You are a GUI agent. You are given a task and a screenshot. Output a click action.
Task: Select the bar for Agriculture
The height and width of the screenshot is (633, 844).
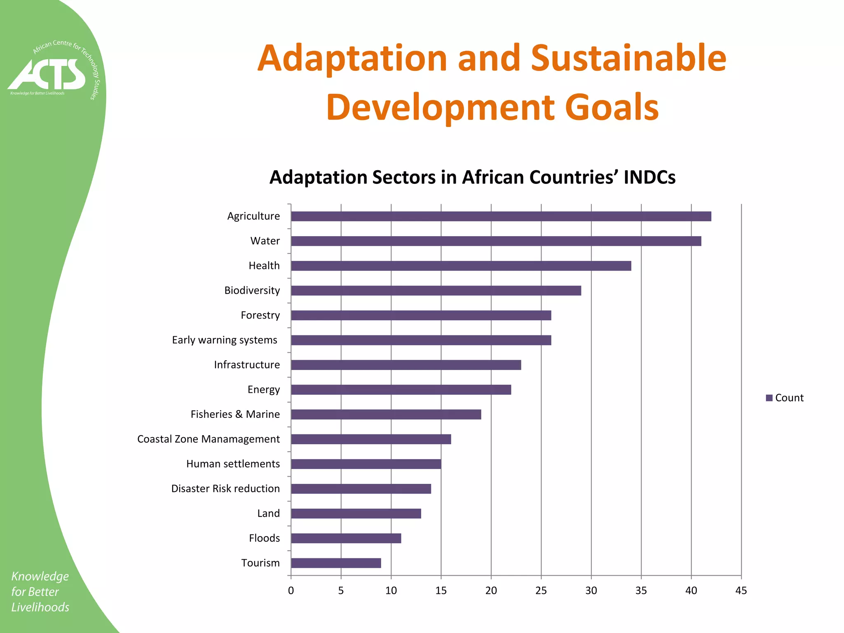pyautogui.click(x=501, y=216)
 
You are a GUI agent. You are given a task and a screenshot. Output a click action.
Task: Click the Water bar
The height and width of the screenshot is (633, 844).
pyautogui.click(x=496, y=241)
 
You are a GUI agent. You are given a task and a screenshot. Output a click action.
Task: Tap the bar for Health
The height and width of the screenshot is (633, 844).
pyautogui.click(x=461, y=266)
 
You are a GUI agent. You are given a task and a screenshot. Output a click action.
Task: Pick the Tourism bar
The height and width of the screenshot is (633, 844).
pyautogui.click(x=336, y=563)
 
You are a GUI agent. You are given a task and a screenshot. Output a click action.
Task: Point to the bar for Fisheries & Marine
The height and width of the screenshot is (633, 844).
pyautogui.click(x=386, y=415)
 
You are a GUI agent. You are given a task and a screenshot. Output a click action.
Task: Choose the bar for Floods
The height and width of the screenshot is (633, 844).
pyautogui.click(x=346, y=538)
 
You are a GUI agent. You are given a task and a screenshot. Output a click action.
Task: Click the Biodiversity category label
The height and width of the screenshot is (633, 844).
pyautogui.click(x=252, y=291)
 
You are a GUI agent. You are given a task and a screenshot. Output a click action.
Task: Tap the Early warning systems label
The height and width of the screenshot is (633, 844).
pyautogui.click(x=225, y=340)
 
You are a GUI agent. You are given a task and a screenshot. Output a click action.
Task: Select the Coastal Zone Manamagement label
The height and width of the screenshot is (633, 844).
pyautogui.click(x=208, y=439)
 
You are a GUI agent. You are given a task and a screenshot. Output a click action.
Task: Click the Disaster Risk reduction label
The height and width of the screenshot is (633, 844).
pyautogui.click(x=225, y=489)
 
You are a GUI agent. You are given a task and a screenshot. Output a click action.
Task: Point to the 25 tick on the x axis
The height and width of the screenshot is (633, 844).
pyautogui.click(x=541, y=591)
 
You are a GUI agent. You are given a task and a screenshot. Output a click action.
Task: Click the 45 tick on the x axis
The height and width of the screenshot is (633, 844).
pyautogui.click(x=741, y=591)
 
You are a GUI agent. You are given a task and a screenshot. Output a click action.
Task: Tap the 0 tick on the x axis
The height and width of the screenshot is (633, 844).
pyautogui.click(x=291, y=591)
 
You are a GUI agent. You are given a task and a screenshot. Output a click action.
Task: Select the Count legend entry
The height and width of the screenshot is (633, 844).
pyautogui.click(x=785, y=398)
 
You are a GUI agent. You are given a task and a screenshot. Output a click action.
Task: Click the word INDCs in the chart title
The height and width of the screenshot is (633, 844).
pyautogui.click(x=649, y=178)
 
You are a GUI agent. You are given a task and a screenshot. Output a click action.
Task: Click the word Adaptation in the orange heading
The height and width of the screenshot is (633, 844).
pyautogui.click(x=352, y=59)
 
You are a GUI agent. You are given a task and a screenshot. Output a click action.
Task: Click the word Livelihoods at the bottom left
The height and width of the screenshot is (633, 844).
pyautogui.click(x=40, y=607)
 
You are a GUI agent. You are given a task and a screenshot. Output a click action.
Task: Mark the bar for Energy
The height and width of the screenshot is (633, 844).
pyautogui.click(x=401, y=390)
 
